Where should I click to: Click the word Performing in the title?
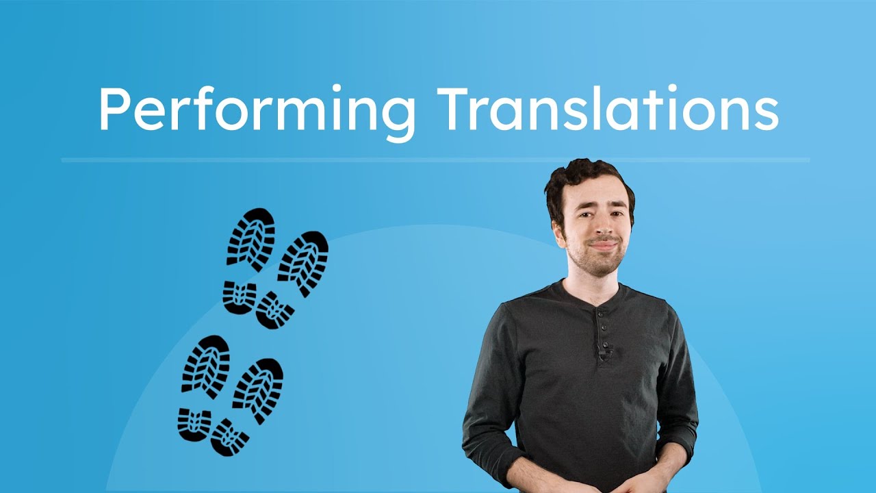(x=257, y=110)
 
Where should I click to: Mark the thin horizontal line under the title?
(x=435, y=160)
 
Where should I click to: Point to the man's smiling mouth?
(x=602, y=244)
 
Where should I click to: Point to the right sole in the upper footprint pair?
(x=303, y=262)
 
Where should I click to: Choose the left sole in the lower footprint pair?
(x=206, y=365)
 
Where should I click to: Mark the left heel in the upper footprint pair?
(x=240, y=297)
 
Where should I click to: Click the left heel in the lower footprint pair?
(x=194, y=423)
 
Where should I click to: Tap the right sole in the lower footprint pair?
(x=258, y=389)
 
